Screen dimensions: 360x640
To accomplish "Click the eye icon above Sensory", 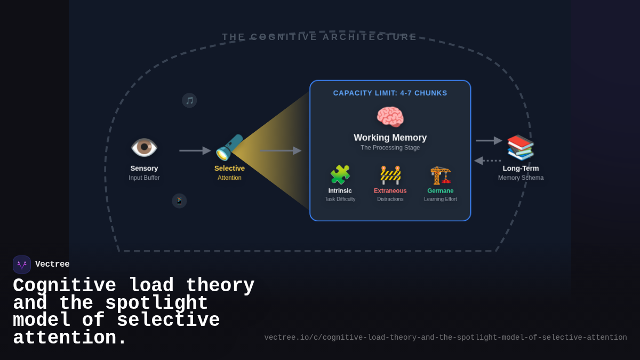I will tap(144, 148).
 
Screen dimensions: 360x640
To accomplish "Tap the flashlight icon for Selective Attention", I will tap(229, 148).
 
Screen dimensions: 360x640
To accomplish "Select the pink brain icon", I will tap(390, 116).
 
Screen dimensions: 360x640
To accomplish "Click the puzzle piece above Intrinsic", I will tap(340, 175).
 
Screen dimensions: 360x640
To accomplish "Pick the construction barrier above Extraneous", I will tap(390, 175).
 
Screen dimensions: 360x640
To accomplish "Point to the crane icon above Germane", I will tap(441, 175).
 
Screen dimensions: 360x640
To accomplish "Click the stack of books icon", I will tap(521, 147).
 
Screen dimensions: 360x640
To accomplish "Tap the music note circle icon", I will tap(189, 100).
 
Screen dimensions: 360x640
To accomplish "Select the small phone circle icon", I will tap(179, 201).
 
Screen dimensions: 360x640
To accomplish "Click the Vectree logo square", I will tap(22, 265).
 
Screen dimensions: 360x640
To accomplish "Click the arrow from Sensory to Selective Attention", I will tap(195, 151).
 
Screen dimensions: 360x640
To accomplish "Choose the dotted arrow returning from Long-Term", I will tap(487, 161).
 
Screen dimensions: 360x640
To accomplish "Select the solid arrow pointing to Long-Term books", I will tap(489, 141).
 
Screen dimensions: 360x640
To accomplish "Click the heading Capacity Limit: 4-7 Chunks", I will tap(390, 93).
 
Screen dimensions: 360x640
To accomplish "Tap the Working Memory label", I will tap(390, 138).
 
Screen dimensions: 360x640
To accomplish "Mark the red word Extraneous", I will tap(390, 191).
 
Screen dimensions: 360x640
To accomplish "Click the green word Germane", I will tap(440, 191).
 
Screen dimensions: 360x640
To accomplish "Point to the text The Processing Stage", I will tap(390, 148).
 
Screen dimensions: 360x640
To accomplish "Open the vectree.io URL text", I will tap(445, 338).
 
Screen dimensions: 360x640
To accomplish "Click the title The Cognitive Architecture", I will tap(319, 37).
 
